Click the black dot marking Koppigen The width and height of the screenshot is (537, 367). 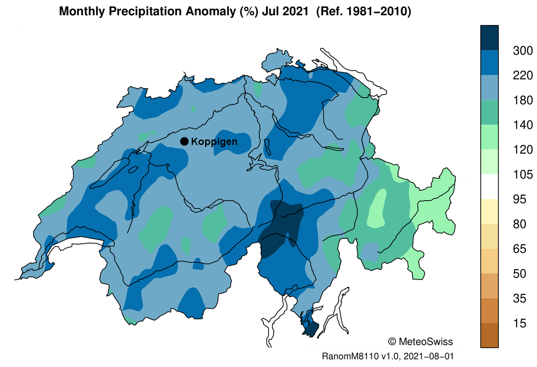184,142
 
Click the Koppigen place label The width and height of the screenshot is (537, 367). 214,142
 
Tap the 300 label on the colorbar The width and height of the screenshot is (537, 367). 522,51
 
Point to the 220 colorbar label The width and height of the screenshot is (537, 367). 522,76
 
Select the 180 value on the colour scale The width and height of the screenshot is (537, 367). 522,101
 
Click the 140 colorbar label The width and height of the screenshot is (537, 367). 522,125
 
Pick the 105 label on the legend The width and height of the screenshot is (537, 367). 522,175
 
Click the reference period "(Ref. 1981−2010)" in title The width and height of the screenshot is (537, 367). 363,12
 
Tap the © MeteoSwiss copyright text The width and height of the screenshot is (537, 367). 421,341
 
